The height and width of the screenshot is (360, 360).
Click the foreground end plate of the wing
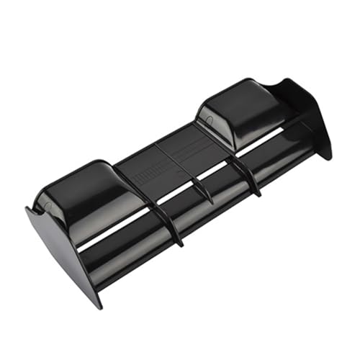pyautogui.click(x=61, y=248)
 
